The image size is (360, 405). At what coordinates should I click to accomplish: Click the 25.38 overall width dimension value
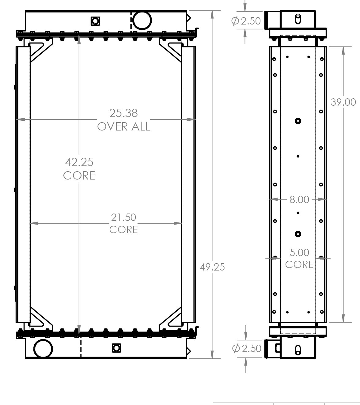pos(123,113)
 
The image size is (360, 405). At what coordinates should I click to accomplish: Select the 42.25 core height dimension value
pos(79,162)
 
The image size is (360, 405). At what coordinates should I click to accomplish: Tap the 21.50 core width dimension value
pos(123,217)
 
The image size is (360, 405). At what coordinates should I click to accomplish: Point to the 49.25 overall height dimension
pos(212,267)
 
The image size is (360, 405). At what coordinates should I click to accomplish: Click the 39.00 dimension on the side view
pos(343,102)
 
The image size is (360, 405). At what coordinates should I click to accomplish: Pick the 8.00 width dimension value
pos(299,199)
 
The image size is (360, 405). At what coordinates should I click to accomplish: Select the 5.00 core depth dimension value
pos(299,252)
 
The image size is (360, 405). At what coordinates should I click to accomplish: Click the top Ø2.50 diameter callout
pos(246,21)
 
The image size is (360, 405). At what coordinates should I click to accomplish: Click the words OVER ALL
pos(123,127)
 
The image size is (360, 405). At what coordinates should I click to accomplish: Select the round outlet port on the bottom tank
pos(43,349)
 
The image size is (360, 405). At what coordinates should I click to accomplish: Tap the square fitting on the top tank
pos(95,21)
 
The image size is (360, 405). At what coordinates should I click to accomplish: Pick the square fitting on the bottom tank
pos(116,348)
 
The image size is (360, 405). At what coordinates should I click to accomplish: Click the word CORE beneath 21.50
pos(123,229)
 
